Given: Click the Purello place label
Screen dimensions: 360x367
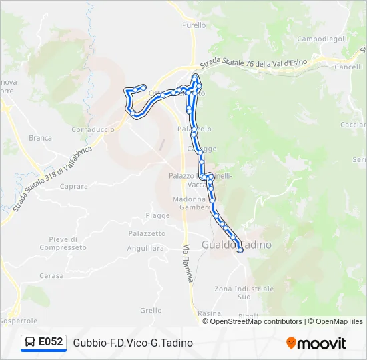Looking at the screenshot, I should tap(194, 25).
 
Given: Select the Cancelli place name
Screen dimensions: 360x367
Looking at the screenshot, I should tap(348, 67).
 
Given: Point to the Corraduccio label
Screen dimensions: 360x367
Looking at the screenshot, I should tap(93, 129).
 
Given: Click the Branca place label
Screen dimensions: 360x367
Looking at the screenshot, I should tap(40, 138).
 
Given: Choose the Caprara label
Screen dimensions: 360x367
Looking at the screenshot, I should tap(73, 187).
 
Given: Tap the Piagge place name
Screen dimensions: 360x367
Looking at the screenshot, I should tap(158, 215).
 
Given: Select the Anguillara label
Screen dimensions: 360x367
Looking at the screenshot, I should tap(145, 248).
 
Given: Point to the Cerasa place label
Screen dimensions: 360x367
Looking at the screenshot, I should tap(51, 275).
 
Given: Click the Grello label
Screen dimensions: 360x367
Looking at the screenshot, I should tap(151, 310).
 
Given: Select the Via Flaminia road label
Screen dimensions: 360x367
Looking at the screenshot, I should tap(188, 263).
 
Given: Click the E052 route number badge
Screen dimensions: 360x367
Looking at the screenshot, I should tap(44, 342).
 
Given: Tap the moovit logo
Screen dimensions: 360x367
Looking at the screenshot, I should tap(316, 343).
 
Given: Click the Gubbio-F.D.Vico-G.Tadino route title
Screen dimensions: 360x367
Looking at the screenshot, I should tap(133, 343).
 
